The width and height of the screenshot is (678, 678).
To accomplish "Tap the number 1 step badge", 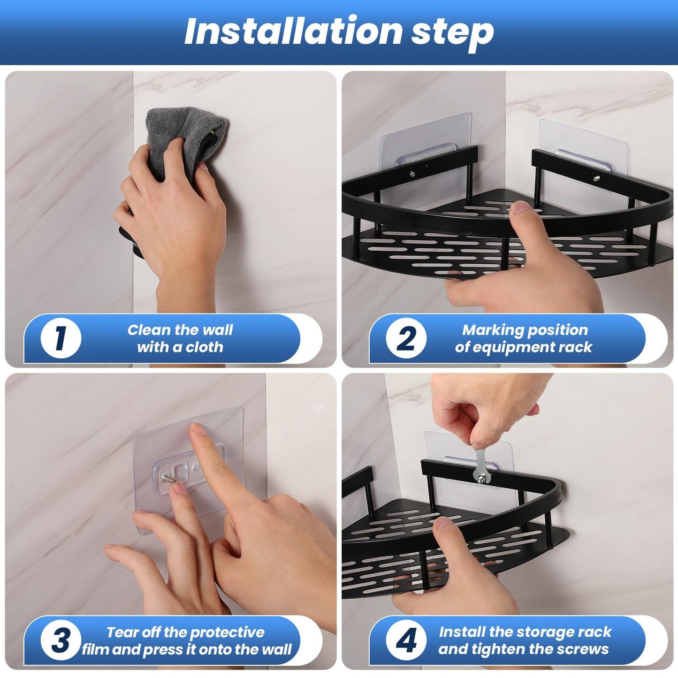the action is (61, 338).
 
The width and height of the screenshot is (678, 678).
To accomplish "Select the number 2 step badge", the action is (406, 338).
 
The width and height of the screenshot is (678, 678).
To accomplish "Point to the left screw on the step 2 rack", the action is (411, 173).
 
